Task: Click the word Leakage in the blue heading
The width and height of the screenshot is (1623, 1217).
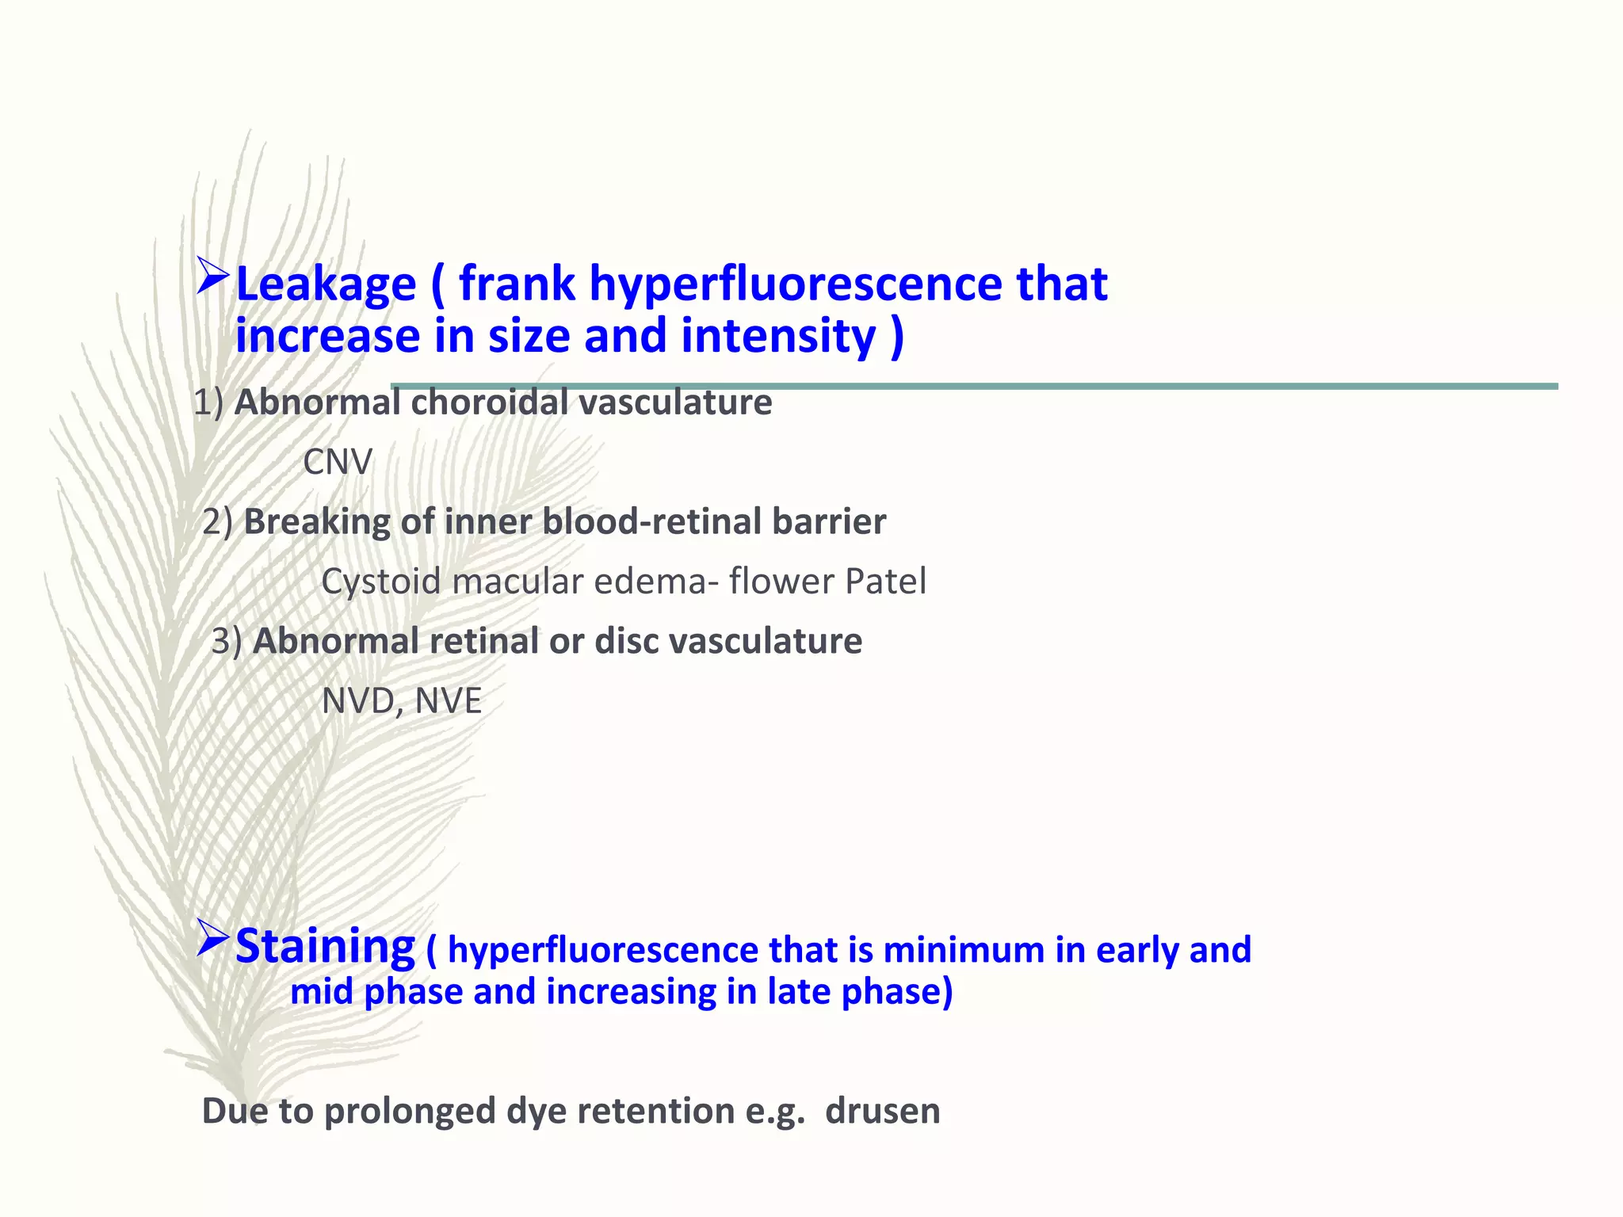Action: [326, 284]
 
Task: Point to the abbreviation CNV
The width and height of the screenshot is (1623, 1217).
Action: [338, 462]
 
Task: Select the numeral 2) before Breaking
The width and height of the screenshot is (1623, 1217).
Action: [217, 522]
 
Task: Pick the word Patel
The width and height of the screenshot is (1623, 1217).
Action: [886, 582]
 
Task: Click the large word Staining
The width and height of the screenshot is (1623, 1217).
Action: [325, 946]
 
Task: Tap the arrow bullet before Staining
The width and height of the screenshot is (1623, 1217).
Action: [212, 938]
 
